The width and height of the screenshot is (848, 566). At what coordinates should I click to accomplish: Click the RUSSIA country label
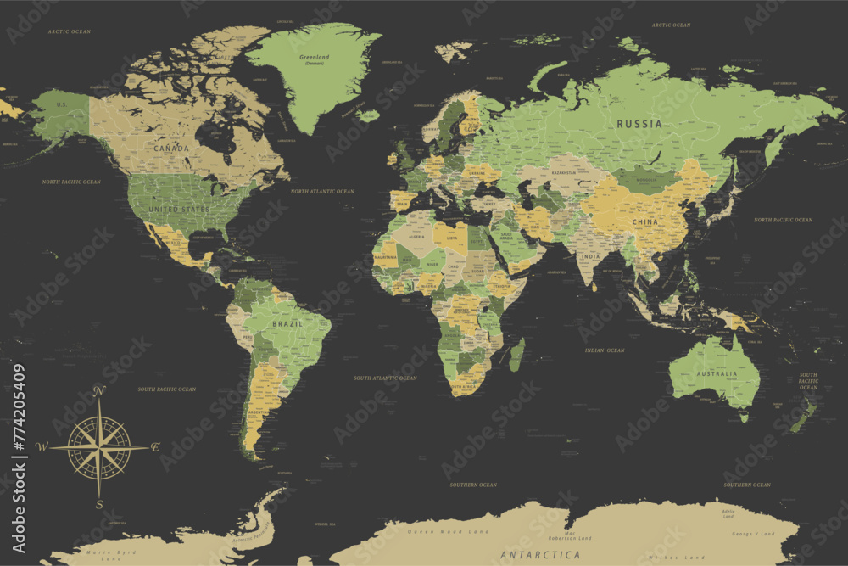tap(639, 124)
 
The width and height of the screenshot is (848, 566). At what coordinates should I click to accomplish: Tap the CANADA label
tap(171, 149)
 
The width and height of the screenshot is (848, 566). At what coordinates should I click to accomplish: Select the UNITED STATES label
tap(178, 209)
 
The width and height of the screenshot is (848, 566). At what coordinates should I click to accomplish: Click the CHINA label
tap(644, 222)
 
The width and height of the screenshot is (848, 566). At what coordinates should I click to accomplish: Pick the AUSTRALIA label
tap(717, 374)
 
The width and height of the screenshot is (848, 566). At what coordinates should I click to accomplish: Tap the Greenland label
tap(315, 58)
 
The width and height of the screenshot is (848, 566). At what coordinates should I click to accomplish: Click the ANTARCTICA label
tap(540, 555)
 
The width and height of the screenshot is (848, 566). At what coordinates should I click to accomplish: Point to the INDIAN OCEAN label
tap(604, 350)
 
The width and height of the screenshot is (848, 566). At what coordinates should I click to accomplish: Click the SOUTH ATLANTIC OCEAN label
tap(388, 378)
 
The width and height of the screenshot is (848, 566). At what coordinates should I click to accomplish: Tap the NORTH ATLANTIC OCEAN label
tap(322, 192)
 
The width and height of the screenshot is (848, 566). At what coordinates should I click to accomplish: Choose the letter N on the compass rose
tap(99, 391)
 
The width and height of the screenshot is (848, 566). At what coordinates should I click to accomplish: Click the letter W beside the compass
tap(42, 446)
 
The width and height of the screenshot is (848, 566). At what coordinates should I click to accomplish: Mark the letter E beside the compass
tap(155, 446)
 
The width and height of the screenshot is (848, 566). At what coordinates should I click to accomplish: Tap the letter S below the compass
tap(99, 505)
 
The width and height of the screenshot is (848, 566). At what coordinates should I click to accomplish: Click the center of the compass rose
tap(99, 446)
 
